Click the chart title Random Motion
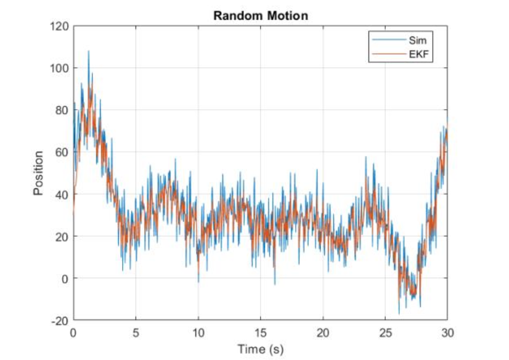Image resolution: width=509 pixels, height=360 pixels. (x=260, y=15)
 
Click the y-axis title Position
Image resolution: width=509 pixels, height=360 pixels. (x=38, y=173)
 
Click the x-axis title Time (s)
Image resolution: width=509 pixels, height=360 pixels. (x=260, y=350)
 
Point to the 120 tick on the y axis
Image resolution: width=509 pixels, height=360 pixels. (x=60, y=26)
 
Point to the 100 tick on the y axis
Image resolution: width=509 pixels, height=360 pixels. (x=60, y=68)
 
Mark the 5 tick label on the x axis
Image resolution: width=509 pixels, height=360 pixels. (x=136, y=332)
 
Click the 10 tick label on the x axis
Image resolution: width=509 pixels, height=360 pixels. (x=198, y=332)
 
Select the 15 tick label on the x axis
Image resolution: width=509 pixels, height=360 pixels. (x=261, y=332)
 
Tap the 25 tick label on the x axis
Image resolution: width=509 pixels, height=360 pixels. (x=385, y=332)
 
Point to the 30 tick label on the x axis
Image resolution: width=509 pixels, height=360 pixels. (x=447, y=332)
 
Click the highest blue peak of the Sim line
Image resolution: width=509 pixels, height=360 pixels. (x=88, y=52)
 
